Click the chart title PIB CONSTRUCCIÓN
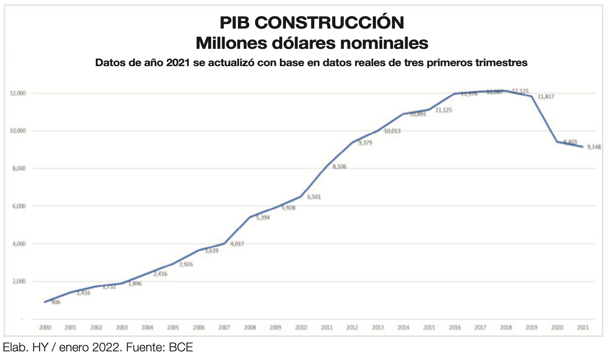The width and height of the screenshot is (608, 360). click(x=312, y=23)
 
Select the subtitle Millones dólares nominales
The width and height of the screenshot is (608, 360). click(x=312, y=43)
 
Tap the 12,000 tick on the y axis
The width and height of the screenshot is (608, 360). click(x=18, y=93)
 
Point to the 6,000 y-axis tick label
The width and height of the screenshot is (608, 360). click(x=19, y=206)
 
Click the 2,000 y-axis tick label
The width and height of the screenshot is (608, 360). click(x=19, y=281)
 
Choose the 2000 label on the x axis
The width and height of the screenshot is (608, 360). click(x=45, y=328)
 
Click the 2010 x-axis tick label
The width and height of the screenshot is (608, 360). click(x=301, y=328)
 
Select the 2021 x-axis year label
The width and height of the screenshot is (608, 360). click(x=583, y=328)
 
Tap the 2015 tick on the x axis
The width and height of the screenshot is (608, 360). click(x=429, y=328)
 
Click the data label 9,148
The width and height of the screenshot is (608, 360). click(x=594, y=147)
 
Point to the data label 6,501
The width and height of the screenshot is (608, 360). click(x=314, y=197)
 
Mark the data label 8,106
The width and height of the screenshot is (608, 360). click(x=339, y=167)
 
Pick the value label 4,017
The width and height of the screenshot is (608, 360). click(x=237, y=244)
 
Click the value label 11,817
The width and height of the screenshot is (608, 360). click(x=546, y=97)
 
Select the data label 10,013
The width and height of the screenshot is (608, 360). click(x=392, y=131)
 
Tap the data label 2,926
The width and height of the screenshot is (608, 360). click(x=186, y=265)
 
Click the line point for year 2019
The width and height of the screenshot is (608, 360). click(x=532, y=96)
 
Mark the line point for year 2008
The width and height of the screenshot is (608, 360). click(x=250, y=217)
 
